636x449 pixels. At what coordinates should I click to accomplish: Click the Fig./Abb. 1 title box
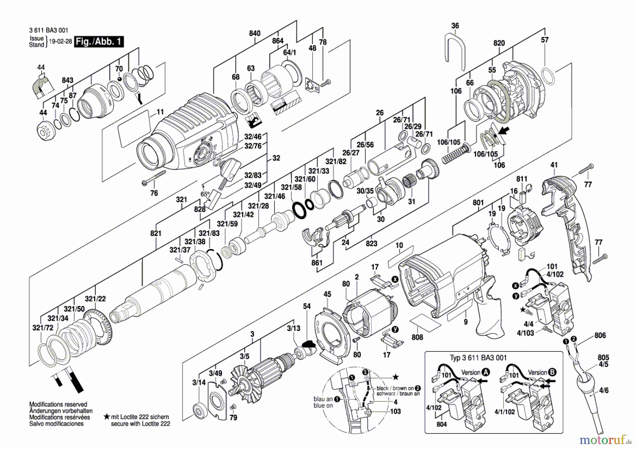pos(99,42)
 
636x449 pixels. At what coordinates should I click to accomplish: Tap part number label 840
pos(255,33)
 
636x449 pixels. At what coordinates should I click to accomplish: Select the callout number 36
pos(455,26)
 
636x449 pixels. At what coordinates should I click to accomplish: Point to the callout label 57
pos(545,40)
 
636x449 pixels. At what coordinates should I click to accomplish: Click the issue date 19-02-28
pos(60,41)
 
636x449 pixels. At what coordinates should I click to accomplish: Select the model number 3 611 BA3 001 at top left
pos(48,30)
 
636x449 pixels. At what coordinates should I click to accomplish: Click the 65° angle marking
pos(205,194)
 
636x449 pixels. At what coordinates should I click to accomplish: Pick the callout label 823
pos(371,243)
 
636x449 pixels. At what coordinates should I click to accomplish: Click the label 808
pos(417,337)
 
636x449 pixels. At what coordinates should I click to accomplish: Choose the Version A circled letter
pos(486,372)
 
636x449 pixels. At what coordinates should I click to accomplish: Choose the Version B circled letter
pos(552,372)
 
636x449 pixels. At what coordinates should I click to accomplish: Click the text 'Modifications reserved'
pos(58,404)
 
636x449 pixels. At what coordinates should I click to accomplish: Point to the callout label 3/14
pos(199,382)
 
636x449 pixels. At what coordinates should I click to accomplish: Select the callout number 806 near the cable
pos(600,335)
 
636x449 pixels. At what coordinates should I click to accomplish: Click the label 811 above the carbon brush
pos(522,179)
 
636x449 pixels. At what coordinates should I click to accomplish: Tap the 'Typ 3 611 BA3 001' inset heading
pos(478,358)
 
